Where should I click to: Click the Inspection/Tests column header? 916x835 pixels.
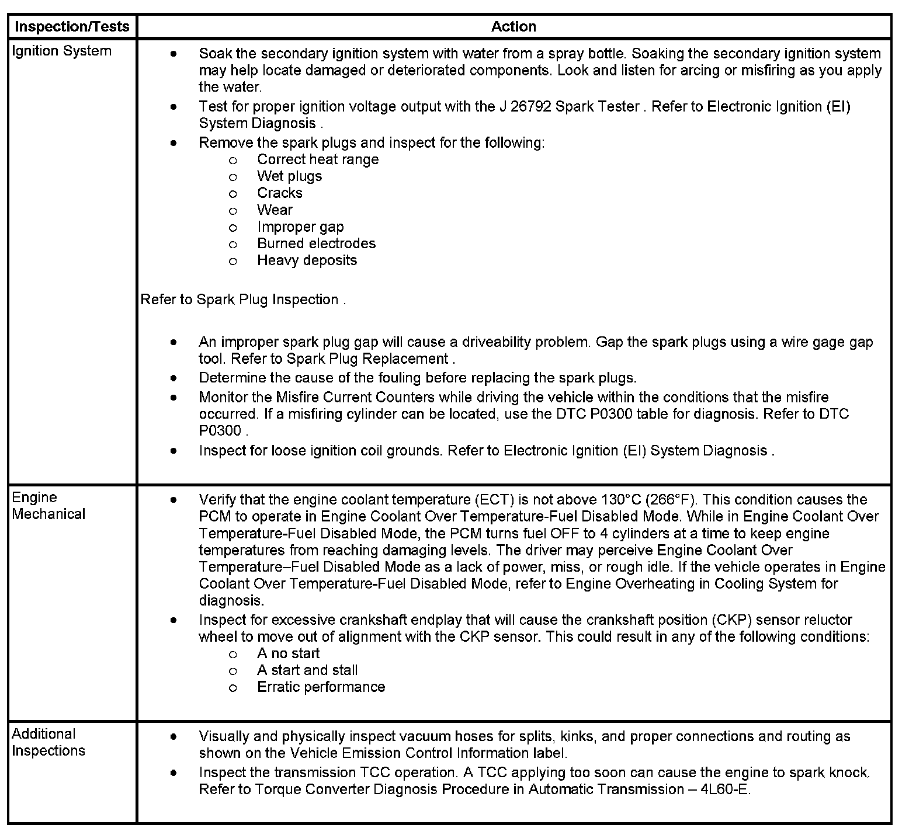pyautogui.click(x=71, y=26)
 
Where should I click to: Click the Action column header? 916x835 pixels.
pyautogui.click(x=513, y=26)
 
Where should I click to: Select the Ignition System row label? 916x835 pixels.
pyautogui.click(x=61, y=51)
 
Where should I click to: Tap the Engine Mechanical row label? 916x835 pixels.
pyautogui.click(x=48, y=506)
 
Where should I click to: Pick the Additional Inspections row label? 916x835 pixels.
pyautogui.click(x=48, y=742)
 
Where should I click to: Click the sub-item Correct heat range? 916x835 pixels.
pyautogui.click(x=318, y=159)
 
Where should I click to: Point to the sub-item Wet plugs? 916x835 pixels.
pyautogui.click(x=289, y=176)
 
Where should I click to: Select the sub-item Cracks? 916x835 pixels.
pyautogui.click(x=280, y=193)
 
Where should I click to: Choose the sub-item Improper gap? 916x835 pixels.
pyautogui.click(x=300, y=227)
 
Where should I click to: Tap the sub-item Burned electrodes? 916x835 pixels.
pyautogui.click(x=316, y=243)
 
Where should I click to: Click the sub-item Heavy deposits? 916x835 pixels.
pyautogui.click(x=307, y=260)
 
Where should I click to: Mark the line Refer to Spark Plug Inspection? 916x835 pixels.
pyautogui.click(x=243, y=300)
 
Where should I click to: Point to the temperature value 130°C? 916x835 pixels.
pyautogui.click(x=622, y=500)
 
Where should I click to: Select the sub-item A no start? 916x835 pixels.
pyautogui.click(x=288, y=653)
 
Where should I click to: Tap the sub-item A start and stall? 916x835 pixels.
pyautogui.click(x=307, y=670)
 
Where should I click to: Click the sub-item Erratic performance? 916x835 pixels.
pyautogui.click(x=321, y=687)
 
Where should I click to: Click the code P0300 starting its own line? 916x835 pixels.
pyautogui.click(x=220, y=432)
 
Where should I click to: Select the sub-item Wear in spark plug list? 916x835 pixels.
pyautogui.click(x=275, y=210)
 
